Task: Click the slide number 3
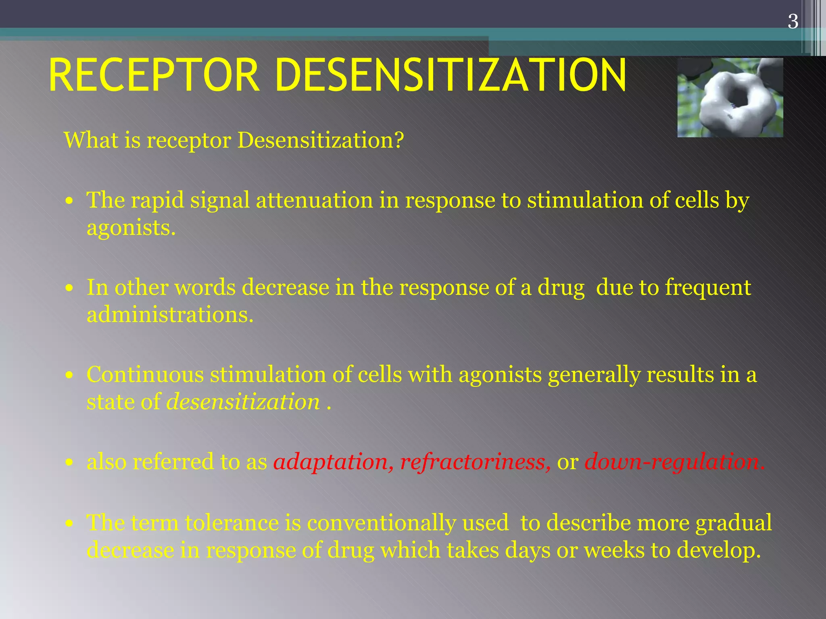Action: [x=793, y=21]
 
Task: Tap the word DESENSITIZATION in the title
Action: [x=451, y=75]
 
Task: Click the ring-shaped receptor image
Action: [x=730, y=98]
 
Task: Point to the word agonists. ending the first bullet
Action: [x=131, y=228]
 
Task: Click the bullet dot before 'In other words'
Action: [x=70, y=288]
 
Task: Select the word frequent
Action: [x=708, y=288]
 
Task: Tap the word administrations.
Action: [x=170, y=315]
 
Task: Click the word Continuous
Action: [x=145, y=375]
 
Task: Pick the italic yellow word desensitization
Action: [x=243, y=402]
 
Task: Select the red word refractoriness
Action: [x=475, y=462]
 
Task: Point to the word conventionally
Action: [x=381, y=523]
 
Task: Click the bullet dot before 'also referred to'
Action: [x=70, y=463]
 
